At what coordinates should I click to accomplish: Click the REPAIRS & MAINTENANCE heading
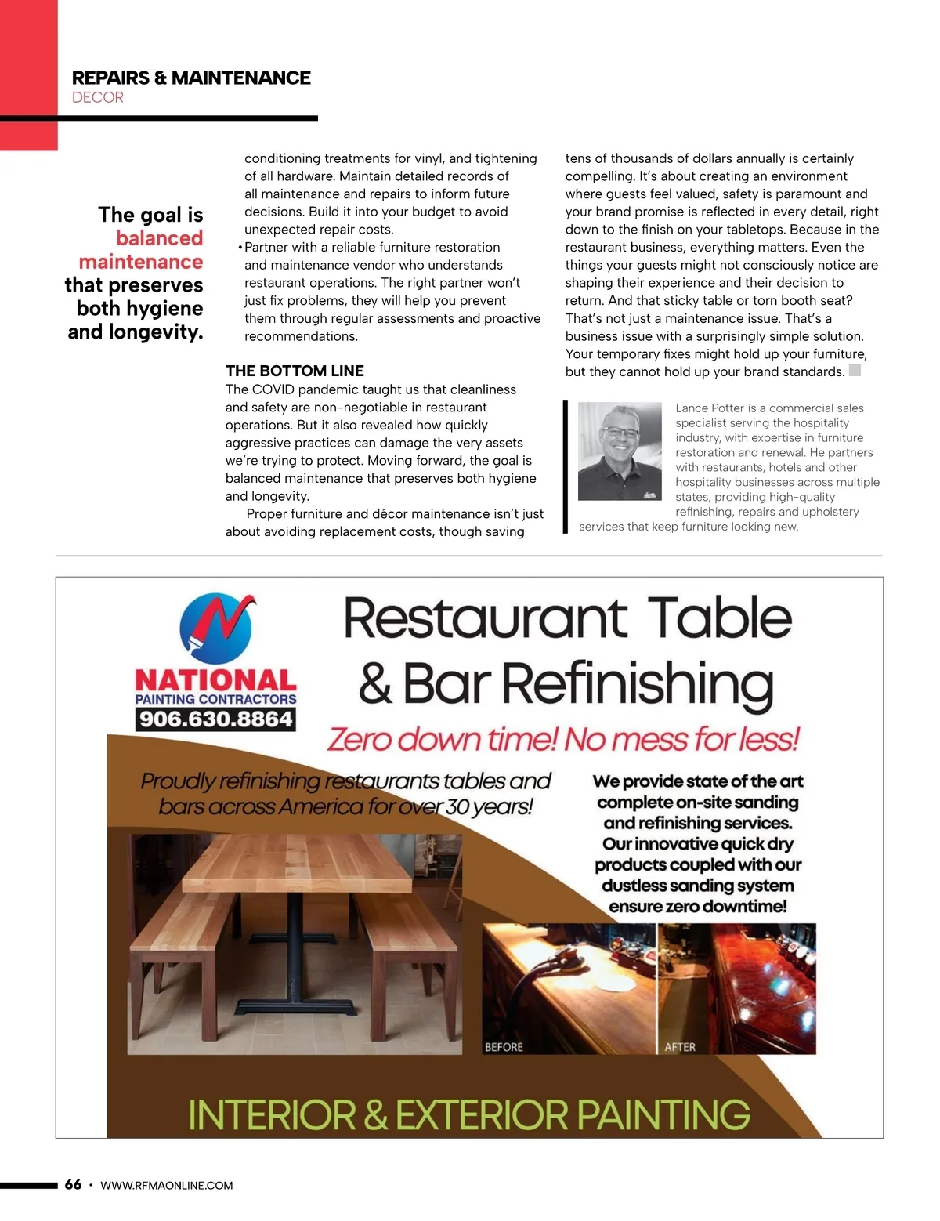(191, 78)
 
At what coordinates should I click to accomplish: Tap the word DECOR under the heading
(98, 98)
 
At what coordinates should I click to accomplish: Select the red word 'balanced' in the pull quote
(159, 238)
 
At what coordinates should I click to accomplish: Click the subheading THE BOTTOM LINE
(295, 371)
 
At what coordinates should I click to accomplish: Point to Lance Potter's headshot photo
(620, 451)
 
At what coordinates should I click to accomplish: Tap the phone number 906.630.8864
(215, 719)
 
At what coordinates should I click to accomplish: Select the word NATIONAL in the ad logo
(215, 680)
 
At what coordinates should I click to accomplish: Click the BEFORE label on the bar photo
(504, 1047)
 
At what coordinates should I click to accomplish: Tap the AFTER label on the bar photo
(680, 1047)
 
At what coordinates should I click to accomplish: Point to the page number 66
(73, 1184)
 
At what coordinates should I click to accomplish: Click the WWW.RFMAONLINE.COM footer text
(167, 1186)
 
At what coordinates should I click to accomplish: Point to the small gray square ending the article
(855, 371)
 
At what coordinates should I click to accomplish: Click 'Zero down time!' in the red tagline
(443, 739)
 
